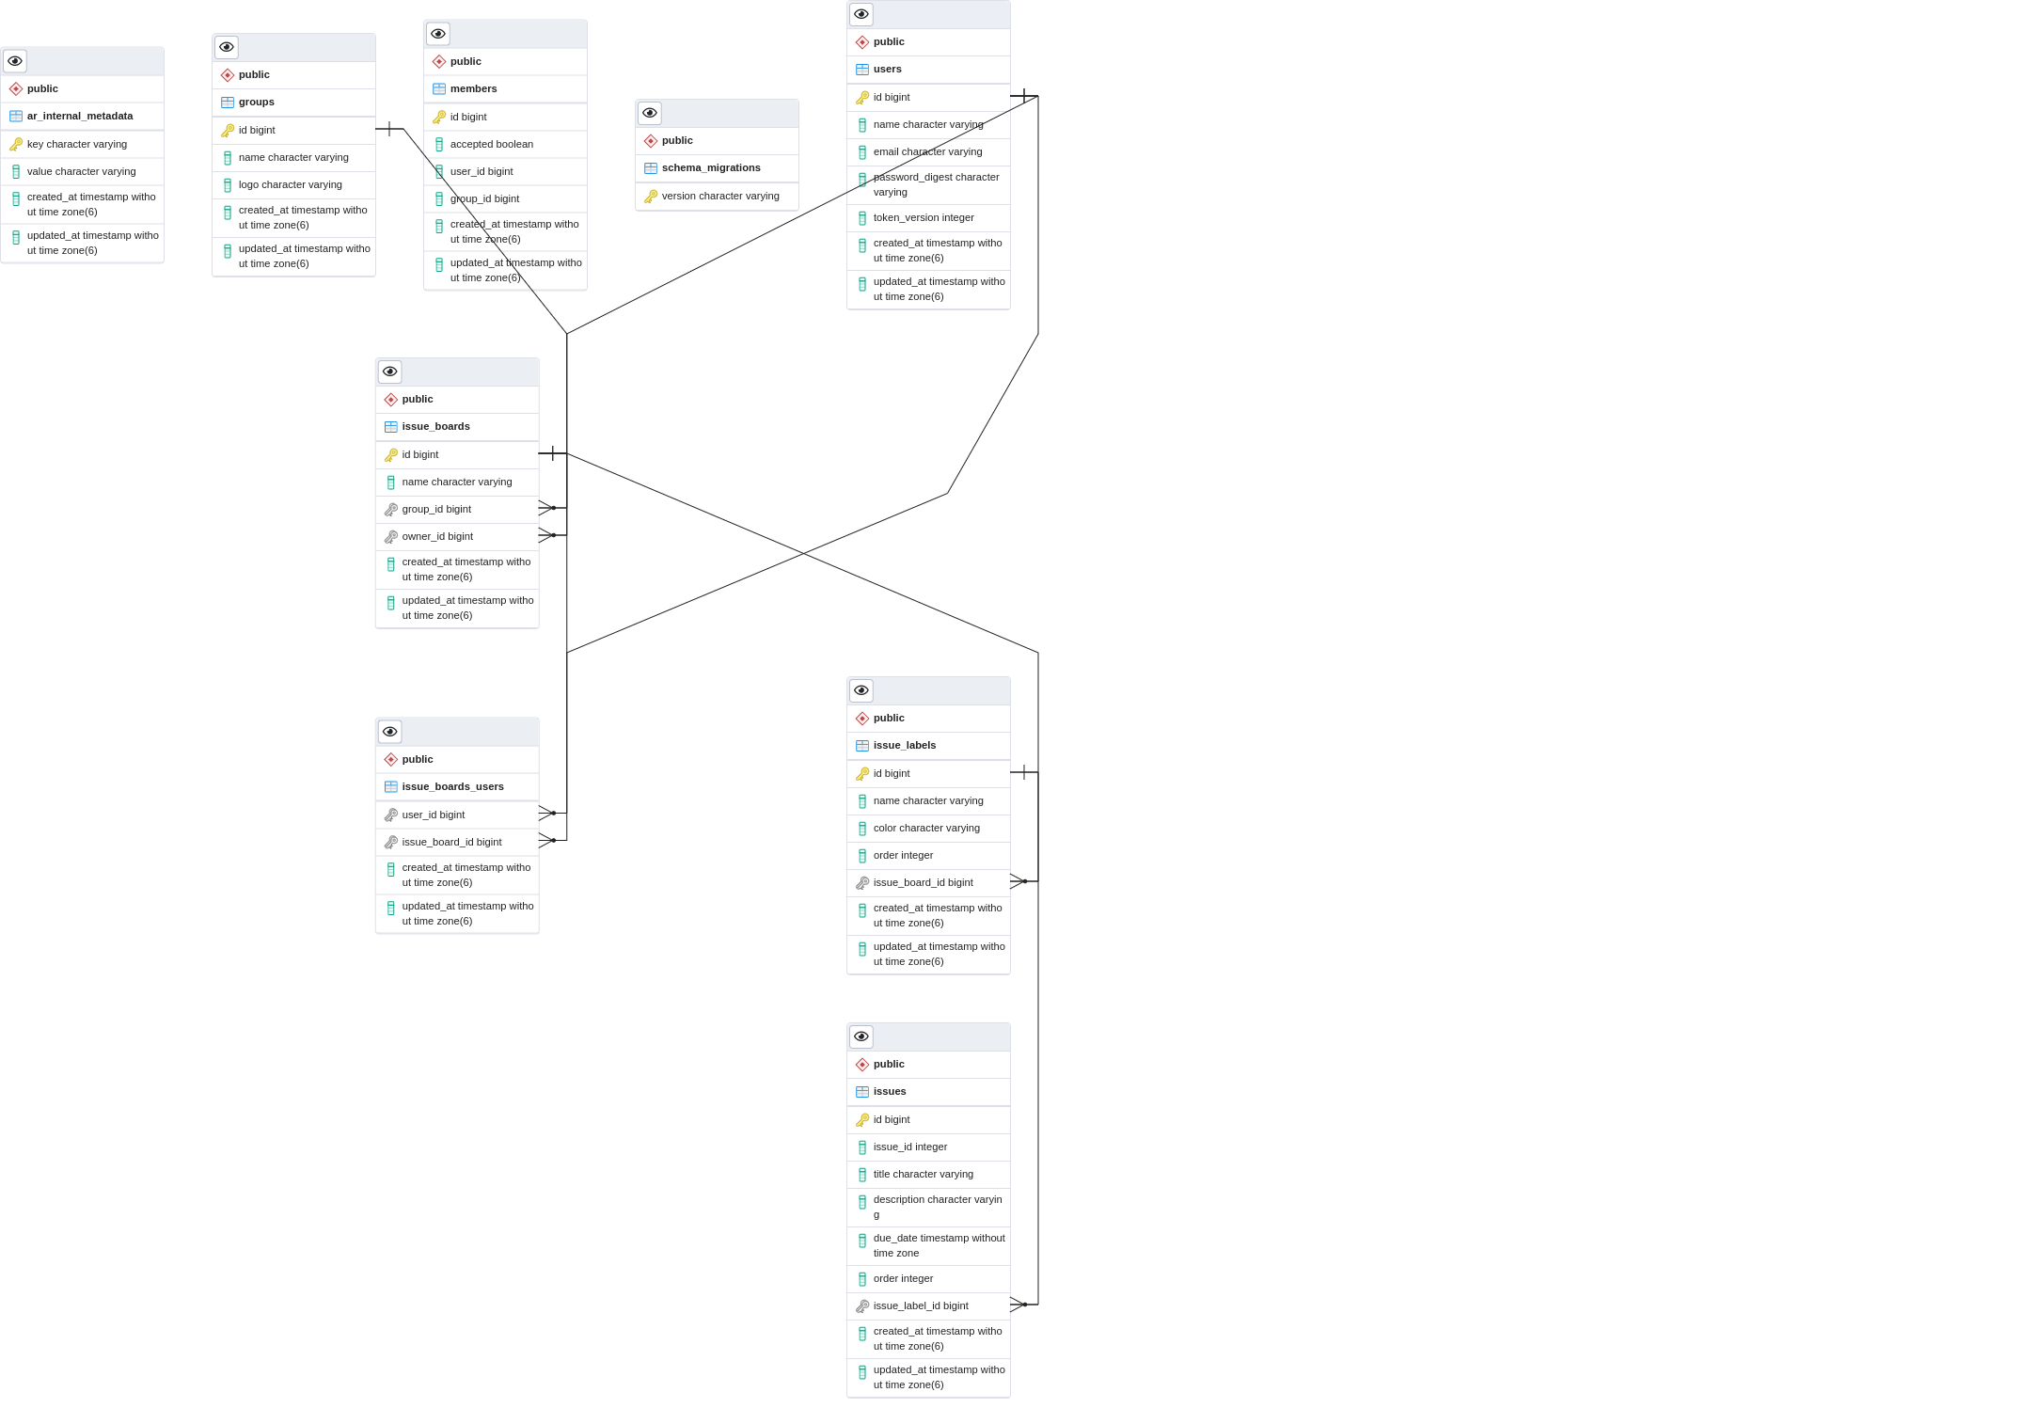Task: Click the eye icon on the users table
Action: pos(861,14)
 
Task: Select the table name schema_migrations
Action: pos(711,168)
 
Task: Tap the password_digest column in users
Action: pos(935,184)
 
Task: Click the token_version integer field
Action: pos(923,218)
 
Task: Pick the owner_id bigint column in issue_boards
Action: pos(437,537)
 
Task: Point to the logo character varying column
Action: pos(290,185)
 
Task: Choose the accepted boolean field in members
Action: pos(491,145)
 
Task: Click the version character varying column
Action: pos(719,197)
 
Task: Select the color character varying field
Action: pos(925,829)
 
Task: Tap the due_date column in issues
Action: pos(938,1246)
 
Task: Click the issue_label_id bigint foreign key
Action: pos(920,1306)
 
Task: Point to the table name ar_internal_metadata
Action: pos(80,117)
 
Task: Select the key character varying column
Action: pos(76,145)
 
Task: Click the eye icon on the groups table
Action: pos(227,47)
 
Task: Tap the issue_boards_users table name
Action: pos(452,787)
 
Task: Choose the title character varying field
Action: pos(923,1175)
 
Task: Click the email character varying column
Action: pos(927,152)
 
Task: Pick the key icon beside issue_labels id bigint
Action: pos(862,774)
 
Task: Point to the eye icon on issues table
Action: pos(861,1036)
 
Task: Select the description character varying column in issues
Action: pos(937,1208)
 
